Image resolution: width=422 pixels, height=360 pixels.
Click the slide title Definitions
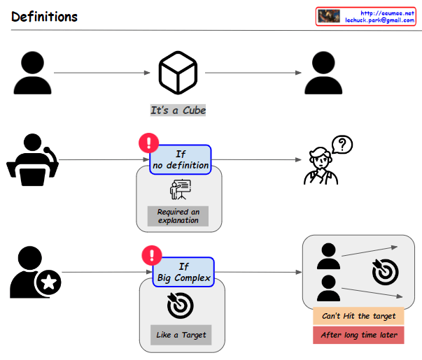pos(44,16)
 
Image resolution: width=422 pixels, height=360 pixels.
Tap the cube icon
pos(178,72)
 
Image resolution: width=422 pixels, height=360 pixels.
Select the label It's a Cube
pos(178,110)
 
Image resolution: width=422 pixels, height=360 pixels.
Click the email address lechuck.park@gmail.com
pos(379,21)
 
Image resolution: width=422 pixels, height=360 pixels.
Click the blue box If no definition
pos(181,159)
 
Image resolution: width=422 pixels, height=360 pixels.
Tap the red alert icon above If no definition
pos(149,143)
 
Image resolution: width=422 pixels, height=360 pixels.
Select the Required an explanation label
pos(178,216)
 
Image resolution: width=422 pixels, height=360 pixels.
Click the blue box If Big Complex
pos(183,273)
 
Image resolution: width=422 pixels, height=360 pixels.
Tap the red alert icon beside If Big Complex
pos(152,256)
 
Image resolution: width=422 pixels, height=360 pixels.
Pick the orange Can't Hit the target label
pos(358,316)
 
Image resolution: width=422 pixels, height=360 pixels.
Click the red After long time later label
pos(358,335)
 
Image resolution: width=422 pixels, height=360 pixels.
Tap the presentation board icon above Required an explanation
pos(180,189)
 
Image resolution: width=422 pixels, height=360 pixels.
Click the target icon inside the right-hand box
pos(385,272)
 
